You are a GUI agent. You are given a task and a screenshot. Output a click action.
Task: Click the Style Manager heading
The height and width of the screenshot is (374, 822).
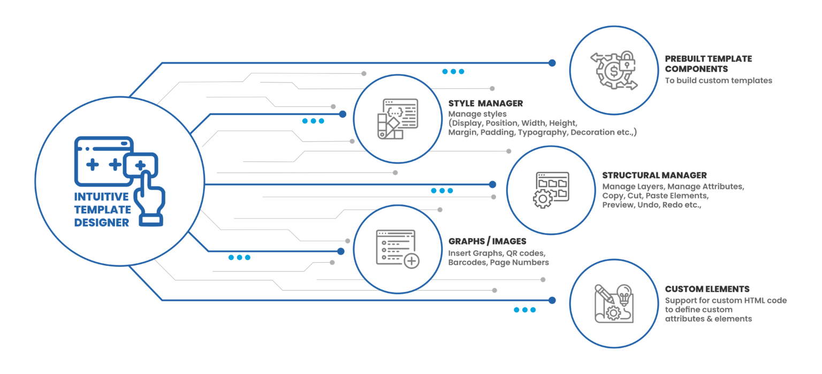pos(485,103)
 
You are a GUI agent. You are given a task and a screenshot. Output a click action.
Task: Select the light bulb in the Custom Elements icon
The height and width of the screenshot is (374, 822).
pos(624,294)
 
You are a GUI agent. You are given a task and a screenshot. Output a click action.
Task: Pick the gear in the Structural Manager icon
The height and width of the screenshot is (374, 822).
pos(543,198)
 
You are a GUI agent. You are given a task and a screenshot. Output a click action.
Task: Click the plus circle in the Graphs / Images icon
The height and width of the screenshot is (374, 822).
pos(412,261)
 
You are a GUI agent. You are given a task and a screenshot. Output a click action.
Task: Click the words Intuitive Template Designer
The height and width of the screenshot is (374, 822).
pos(102,210)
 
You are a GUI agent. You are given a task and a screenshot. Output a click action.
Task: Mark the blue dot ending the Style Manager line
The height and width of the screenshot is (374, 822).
pos(342,114)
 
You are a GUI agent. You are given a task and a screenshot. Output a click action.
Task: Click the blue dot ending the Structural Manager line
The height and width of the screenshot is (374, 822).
pos(492,185)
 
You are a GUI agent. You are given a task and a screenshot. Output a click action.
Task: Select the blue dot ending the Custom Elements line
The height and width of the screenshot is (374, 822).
pos(552,300)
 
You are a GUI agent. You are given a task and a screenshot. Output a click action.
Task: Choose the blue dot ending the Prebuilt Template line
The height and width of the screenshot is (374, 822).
pos(552,63)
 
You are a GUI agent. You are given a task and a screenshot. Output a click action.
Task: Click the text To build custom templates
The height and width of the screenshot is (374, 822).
pos(718,81)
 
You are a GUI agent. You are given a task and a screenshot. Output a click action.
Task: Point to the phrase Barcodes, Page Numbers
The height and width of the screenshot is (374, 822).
pos(498,263)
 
